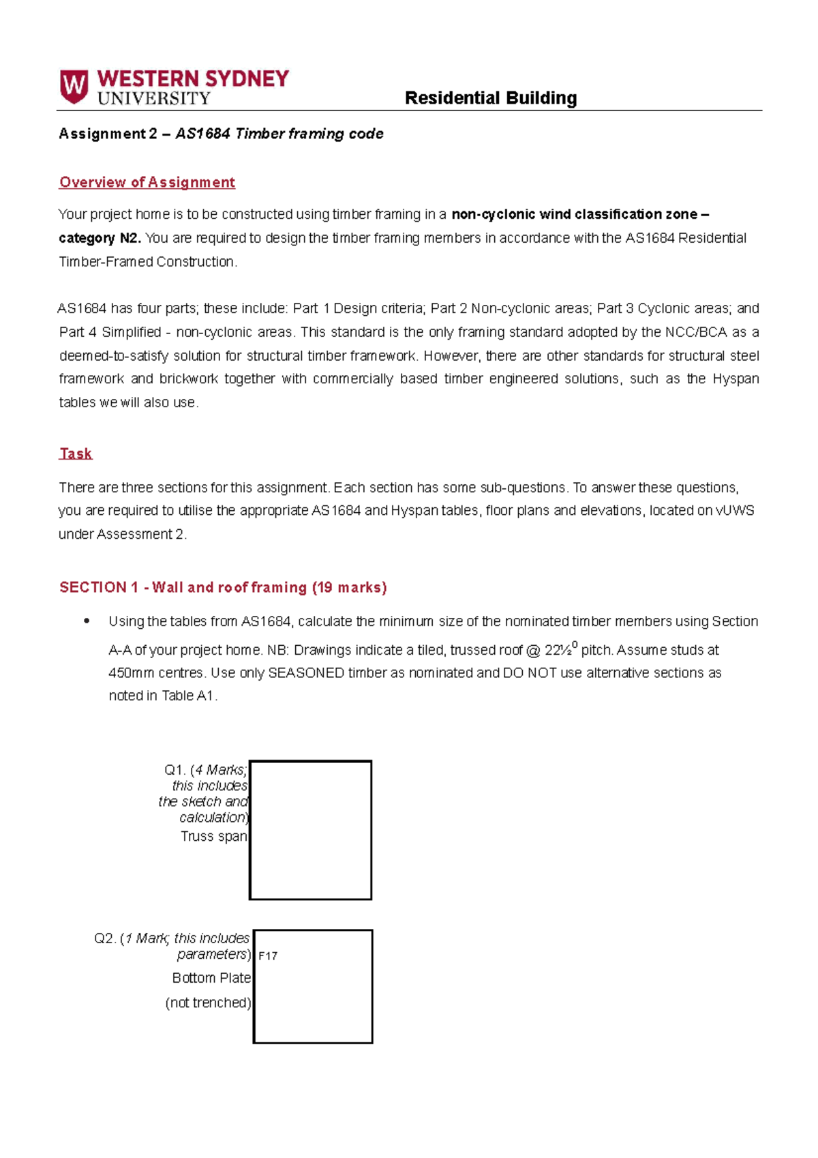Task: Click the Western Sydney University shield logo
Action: pyautogui.click(x=74, y=87)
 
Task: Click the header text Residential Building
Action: pyautogui.click(x=490, y=98)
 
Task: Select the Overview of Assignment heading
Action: pyautogui.click(x=147, y=182)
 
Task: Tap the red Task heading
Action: pyautogui.click(x=76, y=454)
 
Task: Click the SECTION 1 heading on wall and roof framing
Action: pyautogui.click(x=223, y=587)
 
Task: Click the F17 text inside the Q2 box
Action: pyautogui.click(x=268, y=956)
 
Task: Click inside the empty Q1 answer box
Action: pyautogui.click(x=311, y=830)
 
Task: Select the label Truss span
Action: pyautogui.click(x=213, y=836)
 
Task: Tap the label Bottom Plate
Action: pyautogui.click(x=211, y=978)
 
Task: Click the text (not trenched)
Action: pyautogui.click(x=208, y=1003)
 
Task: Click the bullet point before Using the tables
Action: pyautogui.click(x=87, y=621)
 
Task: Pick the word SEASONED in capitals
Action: pyautogui.click(x=306, y=673)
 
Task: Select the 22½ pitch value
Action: pyautogui.click(x=561, y=649)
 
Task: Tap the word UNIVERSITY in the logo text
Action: pyautogui.click(x=154, y=99)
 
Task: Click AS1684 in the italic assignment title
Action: pyautogui.click(x=202, y=134)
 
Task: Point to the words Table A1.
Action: pyautogui.click(x=188, y=696)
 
